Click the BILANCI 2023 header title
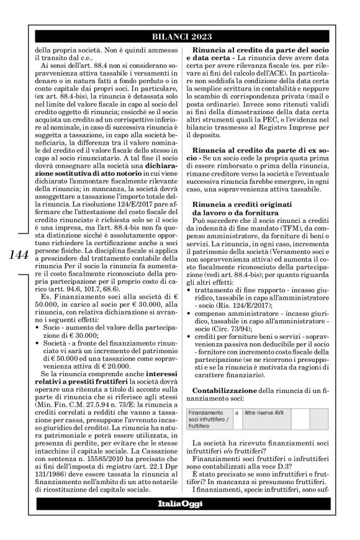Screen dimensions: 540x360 [x=180, y=37]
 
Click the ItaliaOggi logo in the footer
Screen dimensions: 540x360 [x=180, y=520]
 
